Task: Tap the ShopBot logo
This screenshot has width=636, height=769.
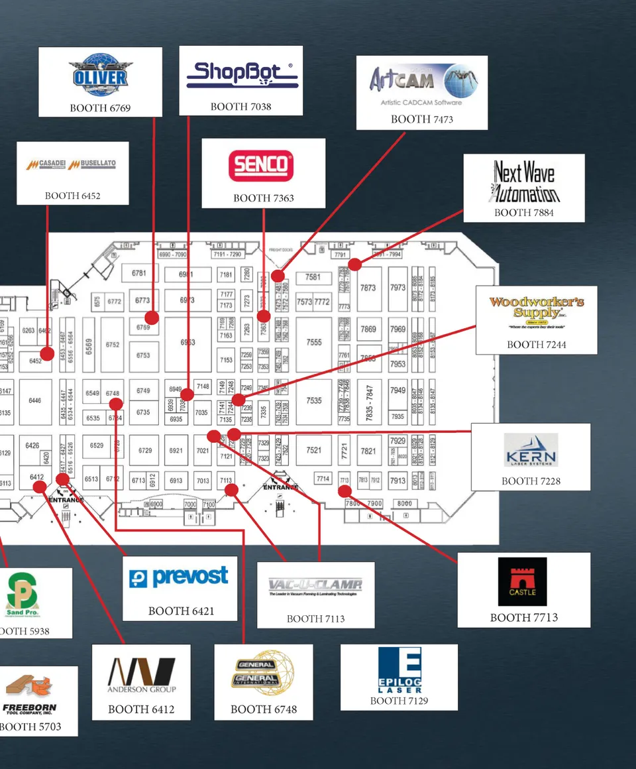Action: click(x=242, y=76)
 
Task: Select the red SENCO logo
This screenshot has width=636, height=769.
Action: click(x=260, y=166)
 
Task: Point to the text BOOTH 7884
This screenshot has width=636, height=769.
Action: click(x=523, y=213)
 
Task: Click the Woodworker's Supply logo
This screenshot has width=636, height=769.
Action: click(x=536, y=312)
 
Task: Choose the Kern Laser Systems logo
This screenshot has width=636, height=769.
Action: click(x=530, y=450)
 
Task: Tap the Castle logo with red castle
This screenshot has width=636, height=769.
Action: click(x=523, y=581)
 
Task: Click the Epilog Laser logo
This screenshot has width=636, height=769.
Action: click(x=399, y=670)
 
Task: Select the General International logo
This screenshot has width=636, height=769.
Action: click(x=263, y=674)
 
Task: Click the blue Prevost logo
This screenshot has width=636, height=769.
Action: click(x=179, y=577)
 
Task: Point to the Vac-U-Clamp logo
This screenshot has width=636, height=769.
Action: click(x=315, y=587)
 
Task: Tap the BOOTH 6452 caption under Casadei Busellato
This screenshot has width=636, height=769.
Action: click(x=73, y=196)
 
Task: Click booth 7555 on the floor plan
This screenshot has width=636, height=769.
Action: click(x=314, y=342)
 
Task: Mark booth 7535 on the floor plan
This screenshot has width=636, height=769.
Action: click(x=314, y=400)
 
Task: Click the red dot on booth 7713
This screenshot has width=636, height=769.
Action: click(x=344, y=491)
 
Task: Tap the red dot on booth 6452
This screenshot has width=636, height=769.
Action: click(x=46, y=353)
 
